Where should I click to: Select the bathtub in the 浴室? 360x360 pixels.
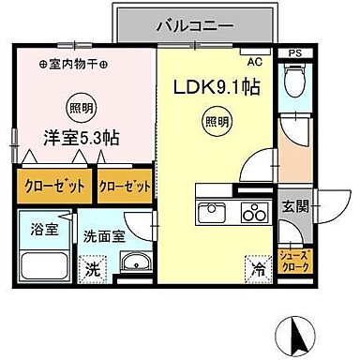point(44,261)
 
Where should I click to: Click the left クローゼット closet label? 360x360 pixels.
point(52,186)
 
